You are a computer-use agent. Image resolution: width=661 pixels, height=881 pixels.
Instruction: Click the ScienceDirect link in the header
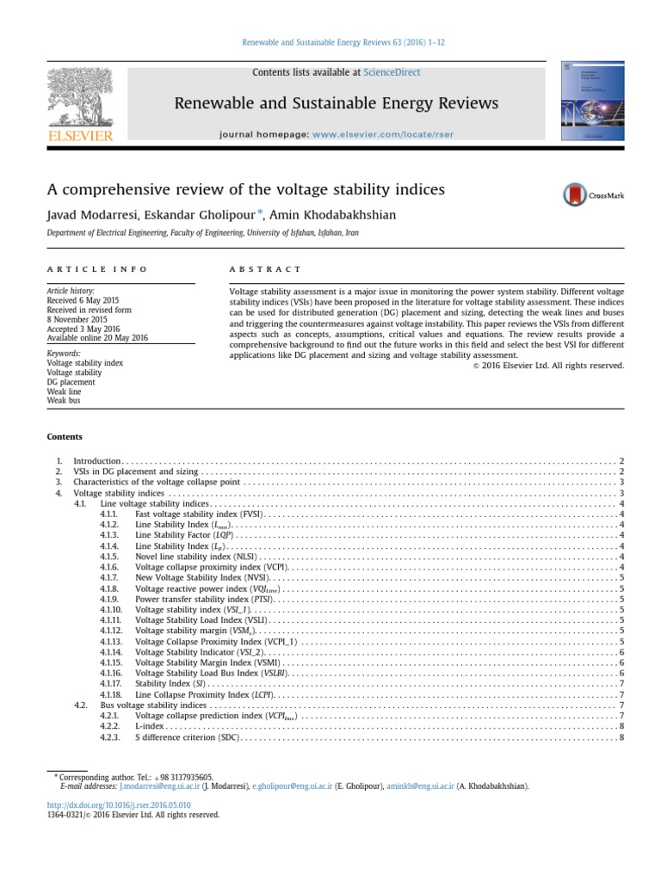click(x=392, y=73)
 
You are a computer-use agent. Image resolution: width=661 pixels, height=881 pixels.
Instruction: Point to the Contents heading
click(x=65, y=437)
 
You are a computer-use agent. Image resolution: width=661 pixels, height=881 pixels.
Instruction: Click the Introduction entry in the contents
click(x=97, y=462)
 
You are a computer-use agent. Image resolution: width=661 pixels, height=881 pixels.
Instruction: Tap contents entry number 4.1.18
click(x=113, y=694)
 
